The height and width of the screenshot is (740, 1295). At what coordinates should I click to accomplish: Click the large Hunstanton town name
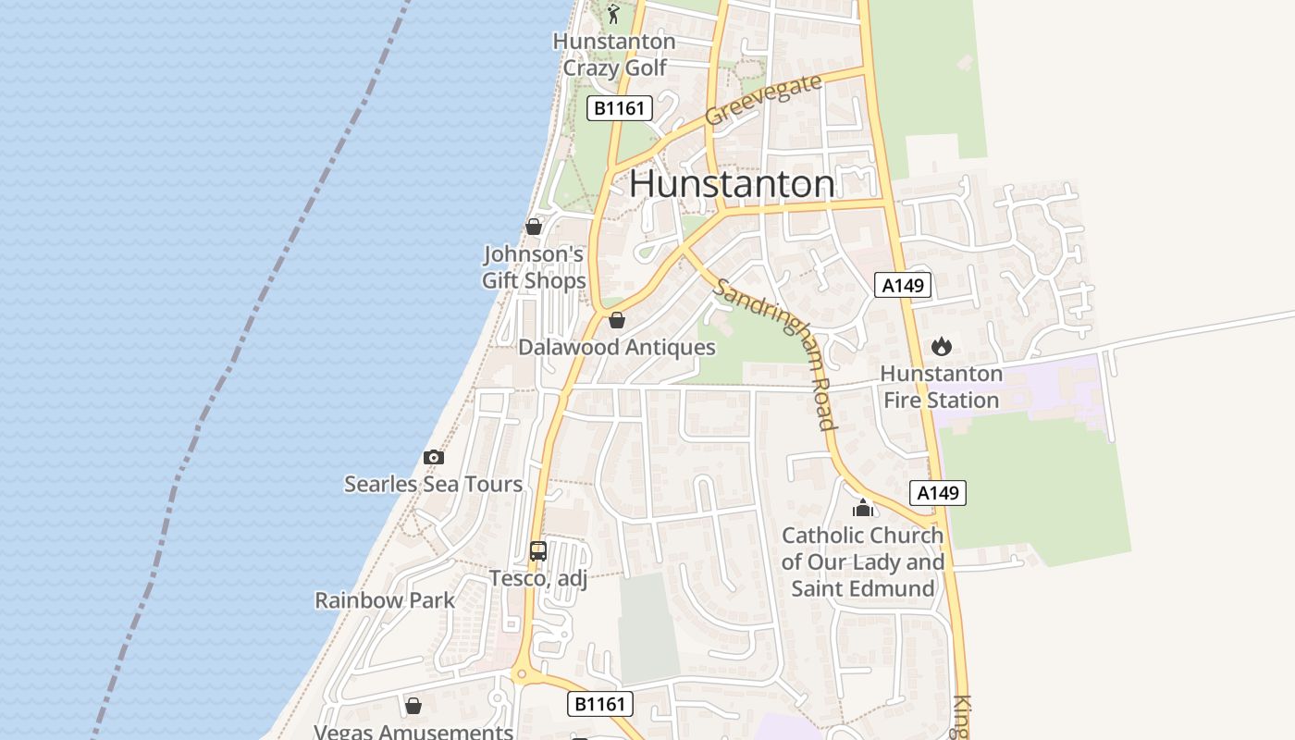click(x=732, y=183)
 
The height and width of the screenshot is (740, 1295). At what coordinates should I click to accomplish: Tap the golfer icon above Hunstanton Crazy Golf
click(x=613, y=14)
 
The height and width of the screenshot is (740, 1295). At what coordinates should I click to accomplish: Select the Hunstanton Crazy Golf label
click(x=614, y=55)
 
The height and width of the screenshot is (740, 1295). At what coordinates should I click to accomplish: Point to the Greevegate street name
click(x=763, y=100)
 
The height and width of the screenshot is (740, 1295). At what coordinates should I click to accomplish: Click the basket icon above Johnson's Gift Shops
click(x=534, y=226)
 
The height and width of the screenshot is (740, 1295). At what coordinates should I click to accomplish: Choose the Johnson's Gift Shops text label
click(x=534, y=267)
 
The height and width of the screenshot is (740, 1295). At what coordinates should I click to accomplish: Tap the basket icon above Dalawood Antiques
click(x=617, y=320)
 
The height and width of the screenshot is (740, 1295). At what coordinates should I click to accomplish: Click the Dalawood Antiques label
click(x=617, y=348)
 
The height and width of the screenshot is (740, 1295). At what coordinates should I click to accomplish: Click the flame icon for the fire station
click(x=942, y=347)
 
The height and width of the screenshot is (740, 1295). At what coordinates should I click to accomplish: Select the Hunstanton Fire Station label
click(x=942, y=387)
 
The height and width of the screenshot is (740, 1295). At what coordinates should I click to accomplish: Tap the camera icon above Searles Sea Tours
click(x=433, y=457)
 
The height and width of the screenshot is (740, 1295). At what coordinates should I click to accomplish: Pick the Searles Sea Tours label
click(x=433, y=484)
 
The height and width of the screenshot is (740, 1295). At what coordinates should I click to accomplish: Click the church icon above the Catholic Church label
click(x=863, y=508)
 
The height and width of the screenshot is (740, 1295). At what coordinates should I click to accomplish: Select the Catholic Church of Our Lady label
click(x=863, y=561)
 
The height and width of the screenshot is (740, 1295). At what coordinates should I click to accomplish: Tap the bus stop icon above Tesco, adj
click(x=538, y=551)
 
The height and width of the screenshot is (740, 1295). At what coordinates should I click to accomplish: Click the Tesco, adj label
click(x=538, y=578)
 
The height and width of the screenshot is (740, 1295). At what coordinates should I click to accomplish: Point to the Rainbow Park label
click(x=385, y=600)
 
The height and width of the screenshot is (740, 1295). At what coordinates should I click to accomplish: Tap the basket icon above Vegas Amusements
click(x=413, y=706)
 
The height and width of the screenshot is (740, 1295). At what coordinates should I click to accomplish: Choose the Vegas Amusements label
click(x=413, y=732)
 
